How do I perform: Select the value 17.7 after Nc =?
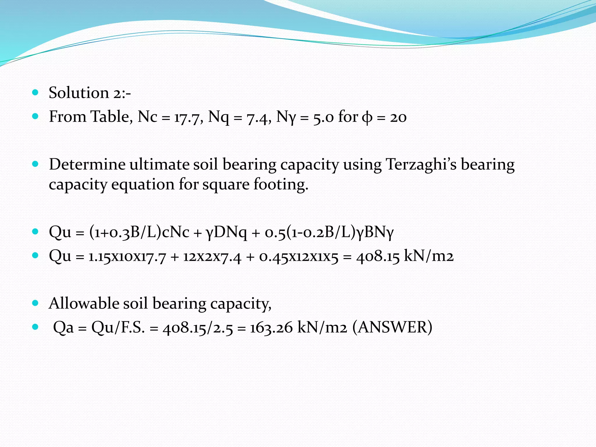point(189,118)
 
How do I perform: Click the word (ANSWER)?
point(392,327)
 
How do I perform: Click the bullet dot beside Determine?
point(35,164)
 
